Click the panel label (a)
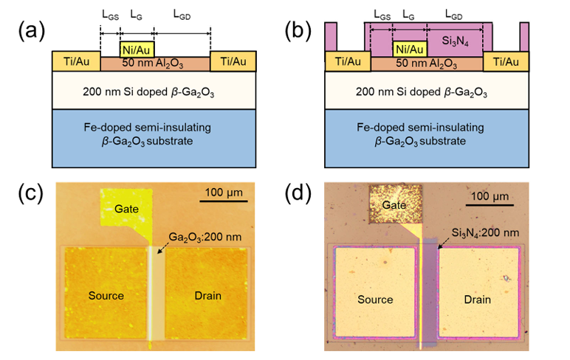click(x=32, y=30)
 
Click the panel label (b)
click(x=298, y=30)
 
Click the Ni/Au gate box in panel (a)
click(x=137, y=49)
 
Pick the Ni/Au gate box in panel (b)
click(x=410, y=49)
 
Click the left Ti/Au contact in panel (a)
click(x=76, y=61)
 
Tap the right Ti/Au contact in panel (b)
click(x=506, y=61)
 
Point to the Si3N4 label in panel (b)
click(x=455, y=41)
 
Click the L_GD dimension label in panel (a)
click(x=182, y=15)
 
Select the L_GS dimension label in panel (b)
click(x=382, y=15)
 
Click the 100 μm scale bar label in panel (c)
click(x=224, y=192)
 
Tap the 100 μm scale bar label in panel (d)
click(x=490, y=196)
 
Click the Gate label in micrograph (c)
click(x=126, y=209)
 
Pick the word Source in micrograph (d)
click(x=375, y=300)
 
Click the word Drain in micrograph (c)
click(x=208, y=296)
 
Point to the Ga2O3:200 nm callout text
click(x=205, y=238)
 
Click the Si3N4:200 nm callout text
click(x=485, y=233)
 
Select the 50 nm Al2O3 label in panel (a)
click(x=153, y=63)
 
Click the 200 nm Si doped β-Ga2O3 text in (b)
click(x=422, y=92)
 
